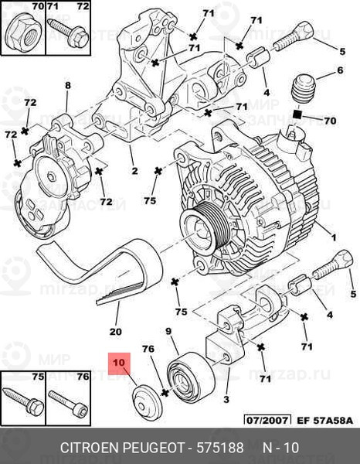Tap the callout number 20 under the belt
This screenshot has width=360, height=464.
[x=116, y=332]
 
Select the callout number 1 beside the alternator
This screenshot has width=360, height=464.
[x=334, y=237]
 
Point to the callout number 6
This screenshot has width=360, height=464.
[x=340, y=70]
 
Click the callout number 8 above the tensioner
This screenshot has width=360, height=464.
[x=68, y=86]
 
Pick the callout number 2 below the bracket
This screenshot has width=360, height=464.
[x=134, y=171]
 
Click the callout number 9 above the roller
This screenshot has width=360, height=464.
[x=168, y=331]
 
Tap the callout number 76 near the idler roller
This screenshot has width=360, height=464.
[x=148, y=349]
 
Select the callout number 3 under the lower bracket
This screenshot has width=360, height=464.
[x=226, y=400]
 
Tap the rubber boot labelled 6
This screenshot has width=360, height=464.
[x=303, y=90]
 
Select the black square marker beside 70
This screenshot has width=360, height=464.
[x=297, y=114]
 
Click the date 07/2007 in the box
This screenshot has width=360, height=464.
[x=267, y=420]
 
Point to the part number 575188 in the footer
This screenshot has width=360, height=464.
[x=220, y=448]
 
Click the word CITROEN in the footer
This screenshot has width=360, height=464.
[x=90, y=448]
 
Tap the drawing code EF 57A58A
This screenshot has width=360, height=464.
[x=324, y=420]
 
